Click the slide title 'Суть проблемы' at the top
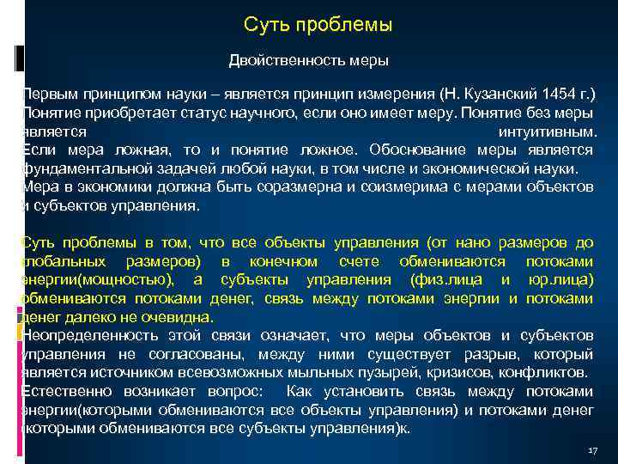(318, 25)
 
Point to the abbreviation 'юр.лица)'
(562, 280)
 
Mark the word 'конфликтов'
(550, 373)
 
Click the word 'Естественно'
(64, 392)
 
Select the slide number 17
(591, 450)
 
